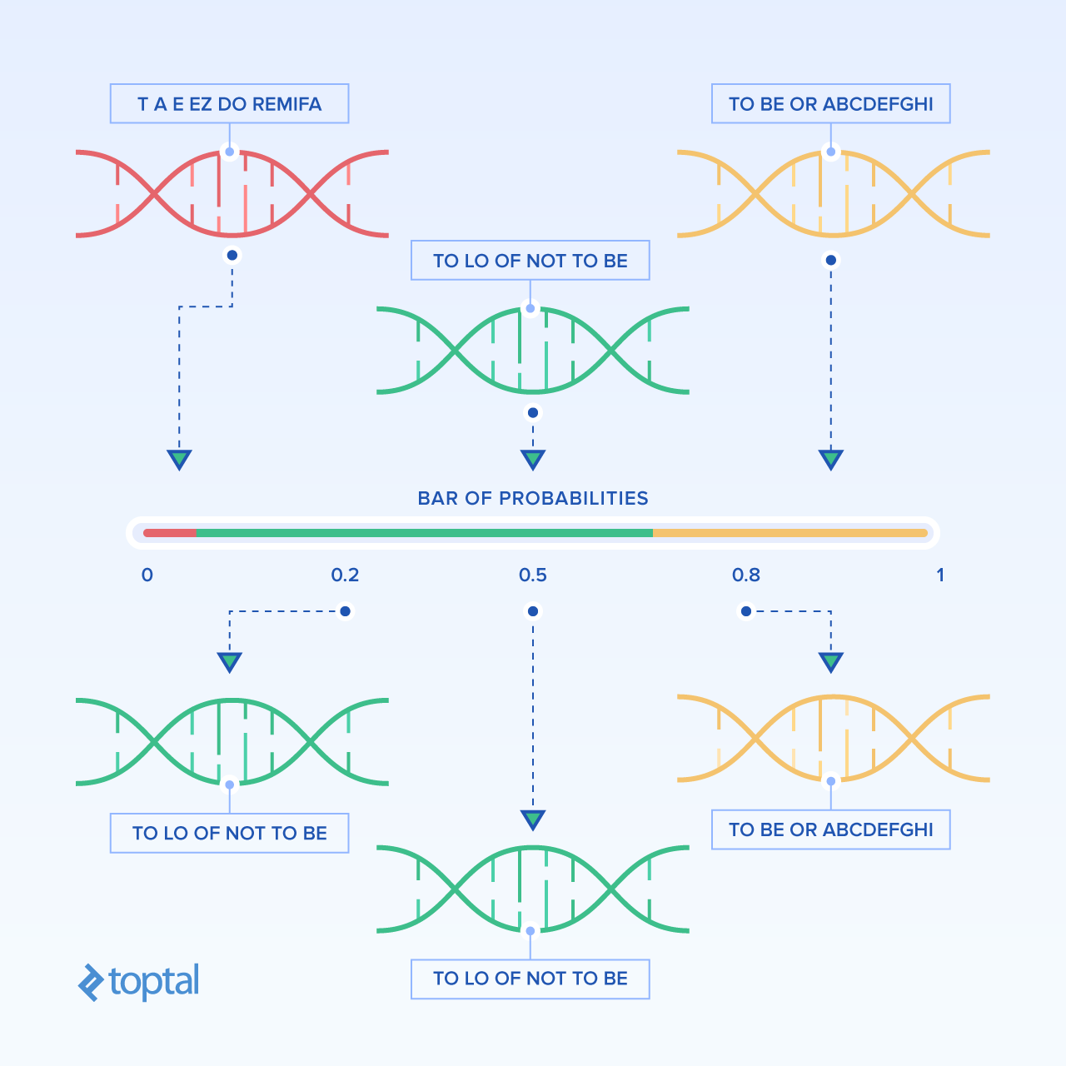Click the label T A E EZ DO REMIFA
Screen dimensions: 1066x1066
pos(230,103)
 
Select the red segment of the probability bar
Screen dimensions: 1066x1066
pos(170,533)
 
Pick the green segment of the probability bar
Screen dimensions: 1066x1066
pos(425,533)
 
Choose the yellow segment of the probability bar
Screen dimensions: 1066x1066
pos(790,533)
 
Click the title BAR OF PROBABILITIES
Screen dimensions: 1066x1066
pos(533,498)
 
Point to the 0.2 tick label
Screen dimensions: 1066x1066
pos(345,575)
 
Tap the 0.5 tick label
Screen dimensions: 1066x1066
pos(533,575)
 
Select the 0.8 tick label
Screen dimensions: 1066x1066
pos(746,575)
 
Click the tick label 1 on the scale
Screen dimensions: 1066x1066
pos(940,575)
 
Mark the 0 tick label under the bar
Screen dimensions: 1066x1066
pos(147,575)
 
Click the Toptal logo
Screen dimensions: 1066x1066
pos(138,982)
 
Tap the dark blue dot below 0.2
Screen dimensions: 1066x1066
pos(345,611)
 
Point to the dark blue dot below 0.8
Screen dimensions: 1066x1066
pos(746,611)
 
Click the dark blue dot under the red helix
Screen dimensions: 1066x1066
pos(232,255)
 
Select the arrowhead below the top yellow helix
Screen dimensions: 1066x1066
pos(831,459)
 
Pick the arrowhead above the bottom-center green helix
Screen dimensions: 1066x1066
pos(533,819)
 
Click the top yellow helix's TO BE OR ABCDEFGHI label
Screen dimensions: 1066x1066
pos(831,103)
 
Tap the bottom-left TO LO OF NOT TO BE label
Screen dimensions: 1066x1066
pos(230,833)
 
